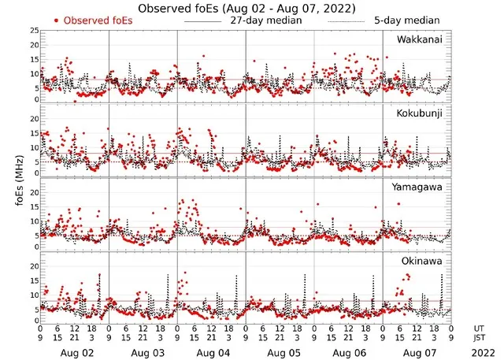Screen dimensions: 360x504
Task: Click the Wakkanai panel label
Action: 420,39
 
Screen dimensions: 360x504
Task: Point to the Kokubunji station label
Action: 421,113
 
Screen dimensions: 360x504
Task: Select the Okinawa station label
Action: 422,258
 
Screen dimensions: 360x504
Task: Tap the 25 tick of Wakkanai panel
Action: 34,30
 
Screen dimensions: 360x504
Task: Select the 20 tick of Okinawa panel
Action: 34,266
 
